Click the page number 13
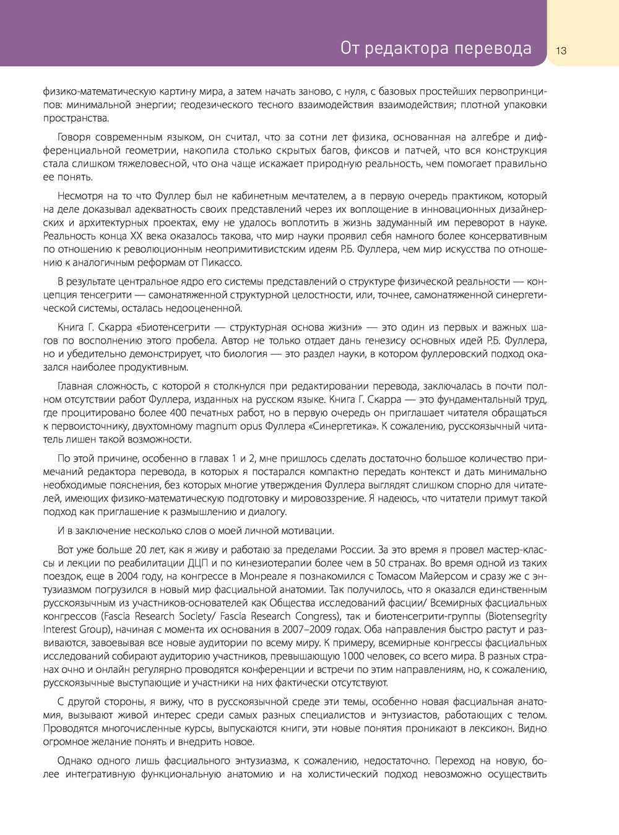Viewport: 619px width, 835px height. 561,50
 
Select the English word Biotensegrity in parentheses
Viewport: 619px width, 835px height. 517,616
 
